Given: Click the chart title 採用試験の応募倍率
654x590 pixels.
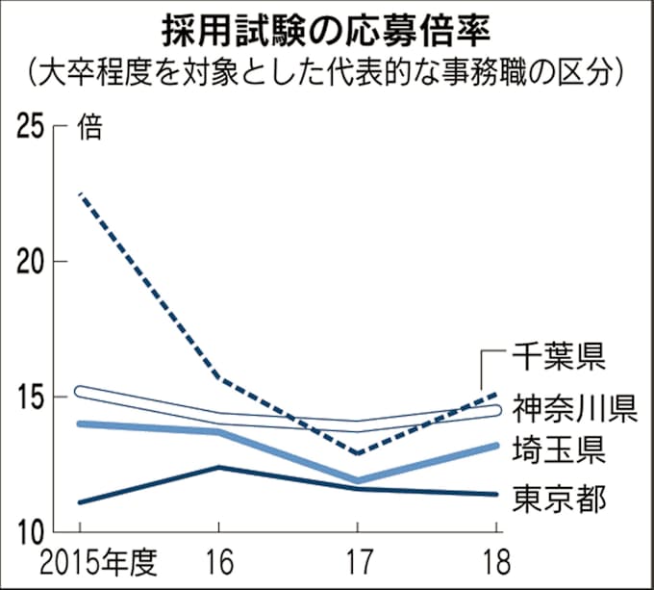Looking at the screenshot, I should [x=326, y=29].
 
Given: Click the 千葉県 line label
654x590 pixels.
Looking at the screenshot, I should [x=556, y=359].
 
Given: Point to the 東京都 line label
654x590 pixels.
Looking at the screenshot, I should [x=556, y=499].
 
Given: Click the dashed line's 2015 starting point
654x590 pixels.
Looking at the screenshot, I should [x=81, y=194].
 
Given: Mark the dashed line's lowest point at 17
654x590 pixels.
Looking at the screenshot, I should [x=358, y=452].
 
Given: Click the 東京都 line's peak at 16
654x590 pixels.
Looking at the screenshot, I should [x=219, y=467].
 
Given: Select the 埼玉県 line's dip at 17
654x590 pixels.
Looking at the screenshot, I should [x=358, y=479].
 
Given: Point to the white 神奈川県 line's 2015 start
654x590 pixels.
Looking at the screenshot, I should [x=81, y=392].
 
